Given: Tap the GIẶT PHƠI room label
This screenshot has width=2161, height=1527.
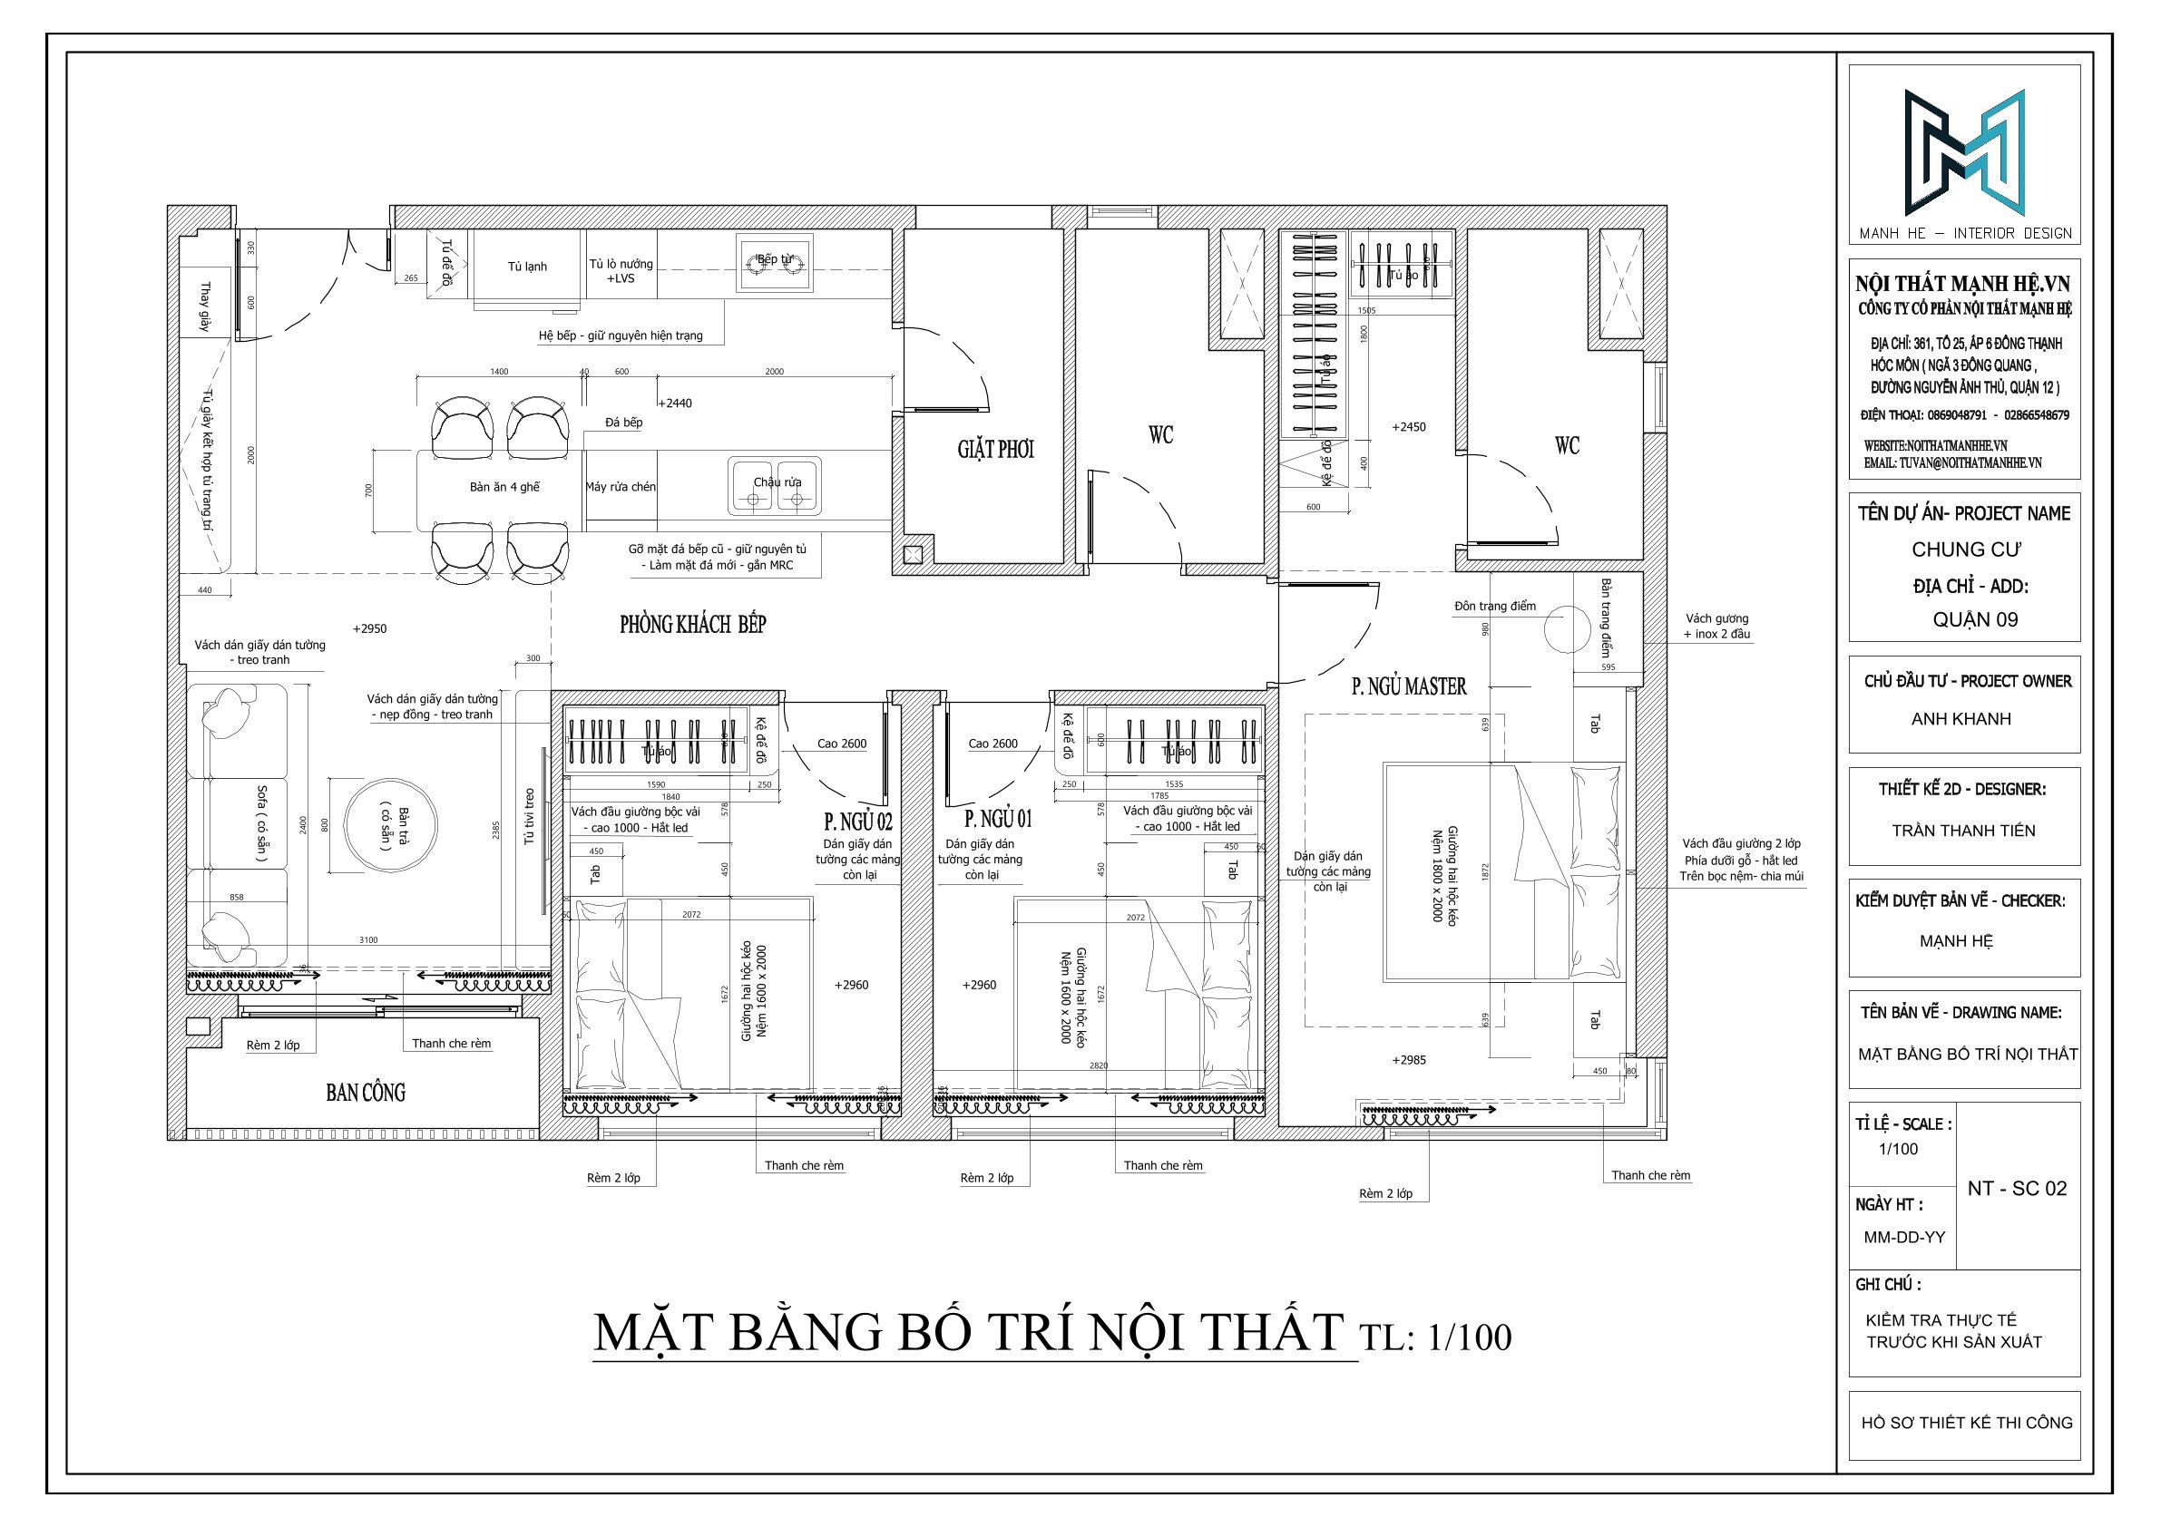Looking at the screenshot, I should click(x=995, y=450).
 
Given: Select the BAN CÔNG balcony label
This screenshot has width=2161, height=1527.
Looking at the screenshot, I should click(x=366, y=1093).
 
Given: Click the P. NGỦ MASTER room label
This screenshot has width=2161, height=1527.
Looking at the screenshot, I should click(x=1408, y=686).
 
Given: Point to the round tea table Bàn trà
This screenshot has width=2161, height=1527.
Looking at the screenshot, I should click(x=390, y=827).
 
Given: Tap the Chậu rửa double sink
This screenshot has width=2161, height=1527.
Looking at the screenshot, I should click(x=776, y=487).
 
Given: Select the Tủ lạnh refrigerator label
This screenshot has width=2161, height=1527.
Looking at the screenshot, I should click(x=527, y=267).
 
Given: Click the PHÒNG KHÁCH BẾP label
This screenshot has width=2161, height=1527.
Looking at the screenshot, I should click(x=692, y=625).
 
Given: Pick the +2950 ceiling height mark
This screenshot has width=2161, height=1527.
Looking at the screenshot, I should click(x=369, y=628).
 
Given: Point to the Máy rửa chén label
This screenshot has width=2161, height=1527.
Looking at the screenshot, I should click(x=621, y=486).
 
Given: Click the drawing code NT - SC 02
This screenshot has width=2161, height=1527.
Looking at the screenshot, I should click(x=2017, y=1188).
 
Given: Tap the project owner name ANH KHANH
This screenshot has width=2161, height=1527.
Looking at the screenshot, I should click(x=1961, y=719).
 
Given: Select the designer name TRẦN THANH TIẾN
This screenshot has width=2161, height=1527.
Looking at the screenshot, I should click(x=1962, y=830).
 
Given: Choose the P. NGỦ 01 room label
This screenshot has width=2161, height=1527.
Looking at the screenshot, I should click(x=998, y=820).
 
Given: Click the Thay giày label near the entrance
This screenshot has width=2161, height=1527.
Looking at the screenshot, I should click(x=204, y=306).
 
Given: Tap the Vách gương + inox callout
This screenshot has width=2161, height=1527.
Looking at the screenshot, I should click(x=1716, y=627).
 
